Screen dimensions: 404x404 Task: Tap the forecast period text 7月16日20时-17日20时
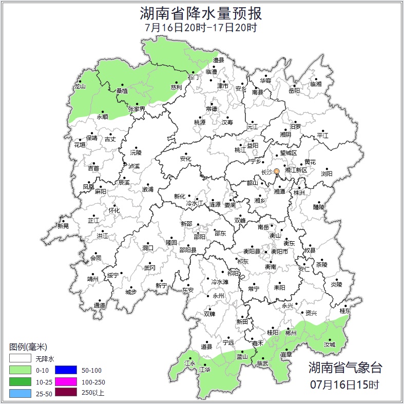coord(201,27)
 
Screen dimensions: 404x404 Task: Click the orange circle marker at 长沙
coord(277,171)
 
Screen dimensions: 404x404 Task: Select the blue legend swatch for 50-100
coord(65,370)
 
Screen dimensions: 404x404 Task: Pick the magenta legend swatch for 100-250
coord(65,381)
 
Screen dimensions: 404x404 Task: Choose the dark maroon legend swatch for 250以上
coord(65,393)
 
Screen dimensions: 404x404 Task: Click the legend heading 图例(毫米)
coord(29,347)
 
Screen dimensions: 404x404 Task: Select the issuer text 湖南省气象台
coord(345,367)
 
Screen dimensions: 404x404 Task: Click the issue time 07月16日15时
coord(345,384)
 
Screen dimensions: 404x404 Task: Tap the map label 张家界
coord(137,109)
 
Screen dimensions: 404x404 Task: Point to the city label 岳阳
coord(294,91)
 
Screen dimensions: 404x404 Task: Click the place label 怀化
coord(114,210)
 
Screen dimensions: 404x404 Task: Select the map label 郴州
coord(291,333)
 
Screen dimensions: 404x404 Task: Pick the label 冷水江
coord(195,204)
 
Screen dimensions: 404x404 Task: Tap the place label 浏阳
coord(326,174)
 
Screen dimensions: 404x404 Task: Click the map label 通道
coord(100,306)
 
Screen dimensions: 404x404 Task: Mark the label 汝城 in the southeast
coord(329,344)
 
